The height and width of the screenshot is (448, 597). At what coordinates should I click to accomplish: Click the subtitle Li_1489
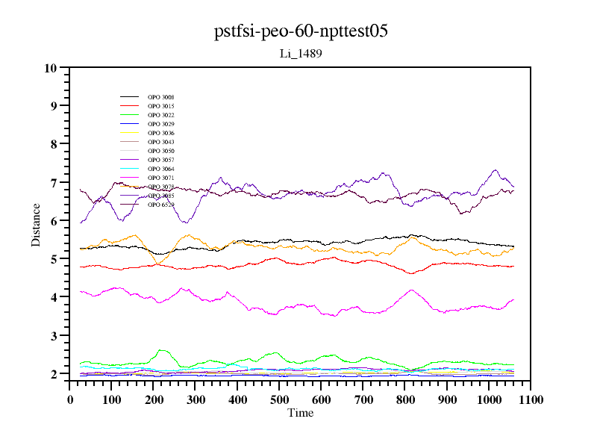point(300,54)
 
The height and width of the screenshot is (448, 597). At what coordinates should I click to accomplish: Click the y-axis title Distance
point(36,224)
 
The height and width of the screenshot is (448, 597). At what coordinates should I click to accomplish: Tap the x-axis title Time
point(301,413)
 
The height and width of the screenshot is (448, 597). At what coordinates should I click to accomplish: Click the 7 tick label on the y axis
point(53,183)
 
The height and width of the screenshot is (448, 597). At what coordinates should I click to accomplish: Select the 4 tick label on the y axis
point(53,297)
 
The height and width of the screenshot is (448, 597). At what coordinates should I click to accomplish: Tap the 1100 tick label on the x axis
point(531,400)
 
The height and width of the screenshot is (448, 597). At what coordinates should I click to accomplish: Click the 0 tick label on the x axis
point(70,400)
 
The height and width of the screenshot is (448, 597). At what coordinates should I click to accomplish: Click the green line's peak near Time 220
point(162,349)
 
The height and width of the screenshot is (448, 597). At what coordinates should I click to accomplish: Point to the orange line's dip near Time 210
point(157,262)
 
